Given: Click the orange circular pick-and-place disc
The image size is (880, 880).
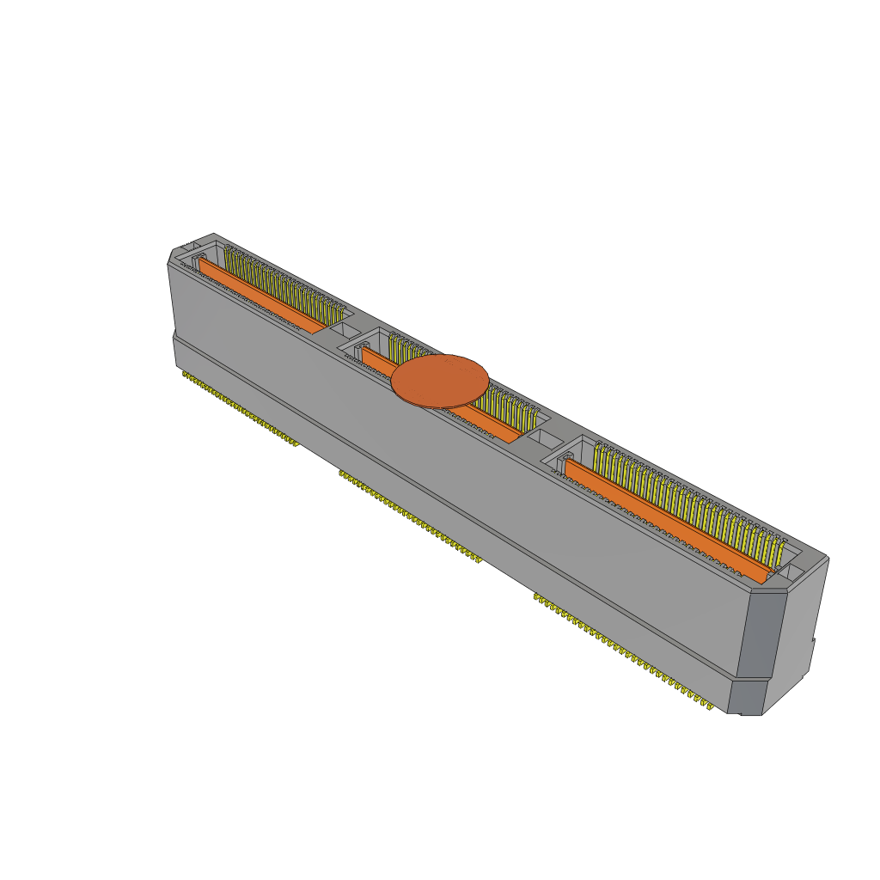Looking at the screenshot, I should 439,382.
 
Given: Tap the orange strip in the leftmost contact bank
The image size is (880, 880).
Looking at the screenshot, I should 262,296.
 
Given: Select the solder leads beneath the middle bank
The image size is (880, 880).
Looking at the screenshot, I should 410,516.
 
